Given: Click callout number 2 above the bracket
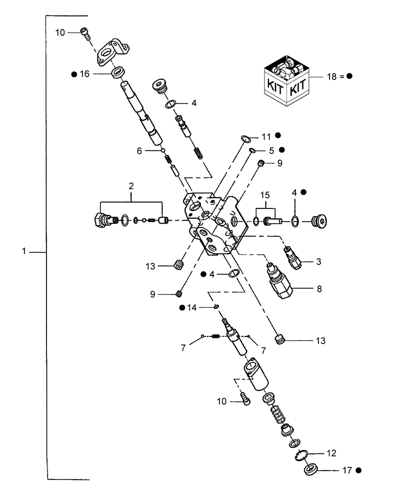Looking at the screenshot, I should click(x=131, y=186).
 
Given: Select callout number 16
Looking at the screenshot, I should click(x=84, y=74).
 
